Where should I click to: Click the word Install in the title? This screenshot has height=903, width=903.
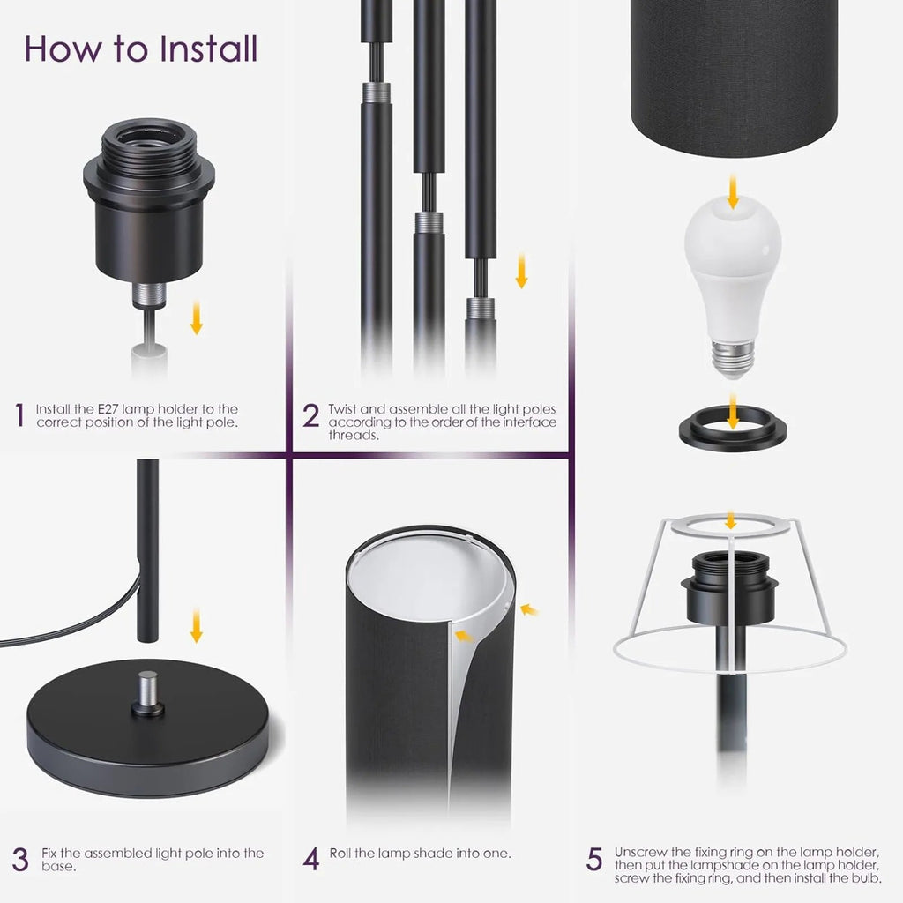tap(207, 49)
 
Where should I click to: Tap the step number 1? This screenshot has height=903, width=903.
tap(19, 414)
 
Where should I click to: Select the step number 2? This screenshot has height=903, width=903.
tap(310, 415)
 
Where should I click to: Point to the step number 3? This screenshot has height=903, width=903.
tap(19, 859)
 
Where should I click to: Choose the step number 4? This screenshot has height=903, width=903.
tap(310, 859)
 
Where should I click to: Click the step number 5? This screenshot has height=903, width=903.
tap(594, 859)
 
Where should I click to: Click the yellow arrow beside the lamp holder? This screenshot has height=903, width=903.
tap(196, 317)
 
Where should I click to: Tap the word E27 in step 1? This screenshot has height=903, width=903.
tap(106, 409)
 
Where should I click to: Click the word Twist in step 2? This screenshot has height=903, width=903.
tap(344, 409)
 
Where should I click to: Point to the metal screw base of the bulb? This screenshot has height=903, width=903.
tap(733, 354)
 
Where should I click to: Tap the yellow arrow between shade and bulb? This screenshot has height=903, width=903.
tap(733, 192)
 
